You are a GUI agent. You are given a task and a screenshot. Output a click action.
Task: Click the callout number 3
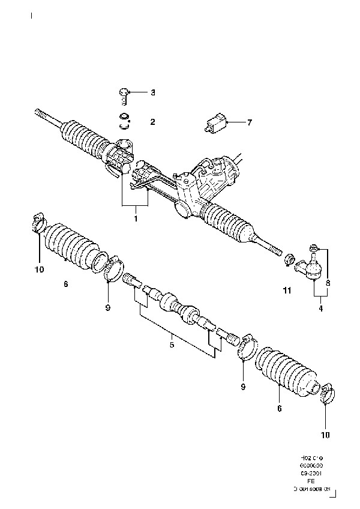152,92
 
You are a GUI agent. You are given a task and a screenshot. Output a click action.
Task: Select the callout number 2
152,122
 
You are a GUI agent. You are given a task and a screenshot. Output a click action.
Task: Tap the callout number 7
250,122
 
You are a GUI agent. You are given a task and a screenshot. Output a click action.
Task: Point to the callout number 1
136,219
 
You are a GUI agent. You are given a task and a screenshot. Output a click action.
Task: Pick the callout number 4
320,309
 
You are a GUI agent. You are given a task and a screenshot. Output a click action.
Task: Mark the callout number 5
172,345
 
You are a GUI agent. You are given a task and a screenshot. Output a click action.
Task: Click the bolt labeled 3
124,92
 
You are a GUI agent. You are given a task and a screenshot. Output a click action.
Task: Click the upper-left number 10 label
39,270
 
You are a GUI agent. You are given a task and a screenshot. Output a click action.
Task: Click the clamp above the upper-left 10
38,223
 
